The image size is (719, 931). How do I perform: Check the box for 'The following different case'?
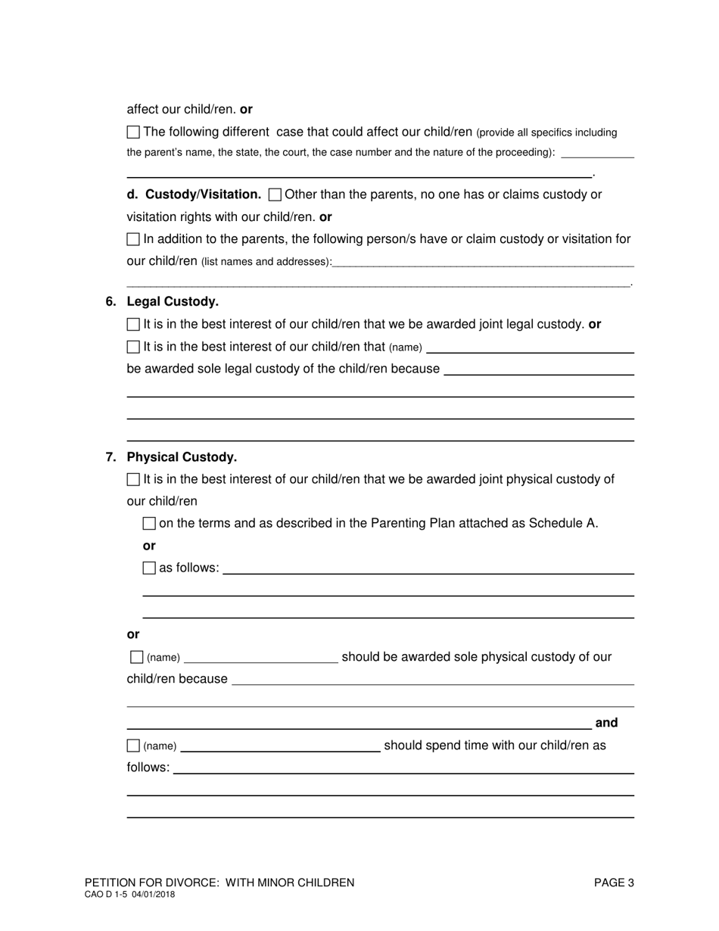tap(133, 132)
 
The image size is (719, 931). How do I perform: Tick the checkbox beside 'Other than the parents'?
tap(275, 195)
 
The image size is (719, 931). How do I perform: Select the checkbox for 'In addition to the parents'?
tap(133, 239)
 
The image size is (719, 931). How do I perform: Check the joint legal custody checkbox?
tap(133, 325)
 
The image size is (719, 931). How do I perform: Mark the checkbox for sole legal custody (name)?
tap(133, 347)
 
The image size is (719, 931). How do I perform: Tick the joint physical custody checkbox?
tap(133, 479)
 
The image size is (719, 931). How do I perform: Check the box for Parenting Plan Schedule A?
tap(149, 524)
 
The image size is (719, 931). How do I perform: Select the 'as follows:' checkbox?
tap(149, 568)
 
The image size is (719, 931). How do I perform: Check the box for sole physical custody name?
tap(136, 657)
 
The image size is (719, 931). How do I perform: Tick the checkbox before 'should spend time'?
tap(133, 746)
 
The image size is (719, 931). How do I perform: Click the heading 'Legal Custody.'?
tap(173, 302)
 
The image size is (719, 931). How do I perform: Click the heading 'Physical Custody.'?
tap(182, 457)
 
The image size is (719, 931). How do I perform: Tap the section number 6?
tap(110, 302)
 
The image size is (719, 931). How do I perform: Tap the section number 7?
tap(110, 457)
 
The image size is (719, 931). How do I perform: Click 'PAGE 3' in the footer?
tap(614, 883)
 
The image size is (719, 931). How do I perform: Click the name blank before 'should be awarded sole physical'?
tap(261, 659)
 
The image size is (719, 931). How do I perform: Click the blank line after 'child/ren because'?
tap(432, 680)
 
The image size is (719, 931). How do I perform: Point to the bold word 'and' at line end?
tap(607, 723)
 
